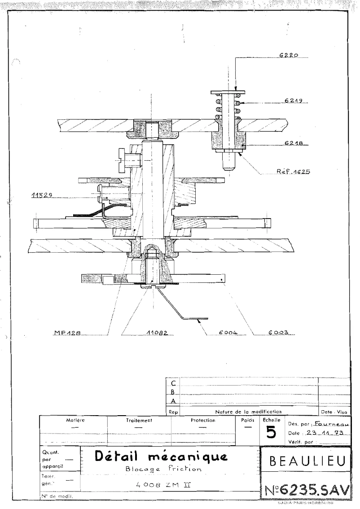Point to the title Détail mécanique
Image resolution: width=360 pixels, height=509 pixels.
[160, 456]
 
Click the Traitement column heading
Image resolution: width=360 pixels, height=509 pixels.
[139, 421]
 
